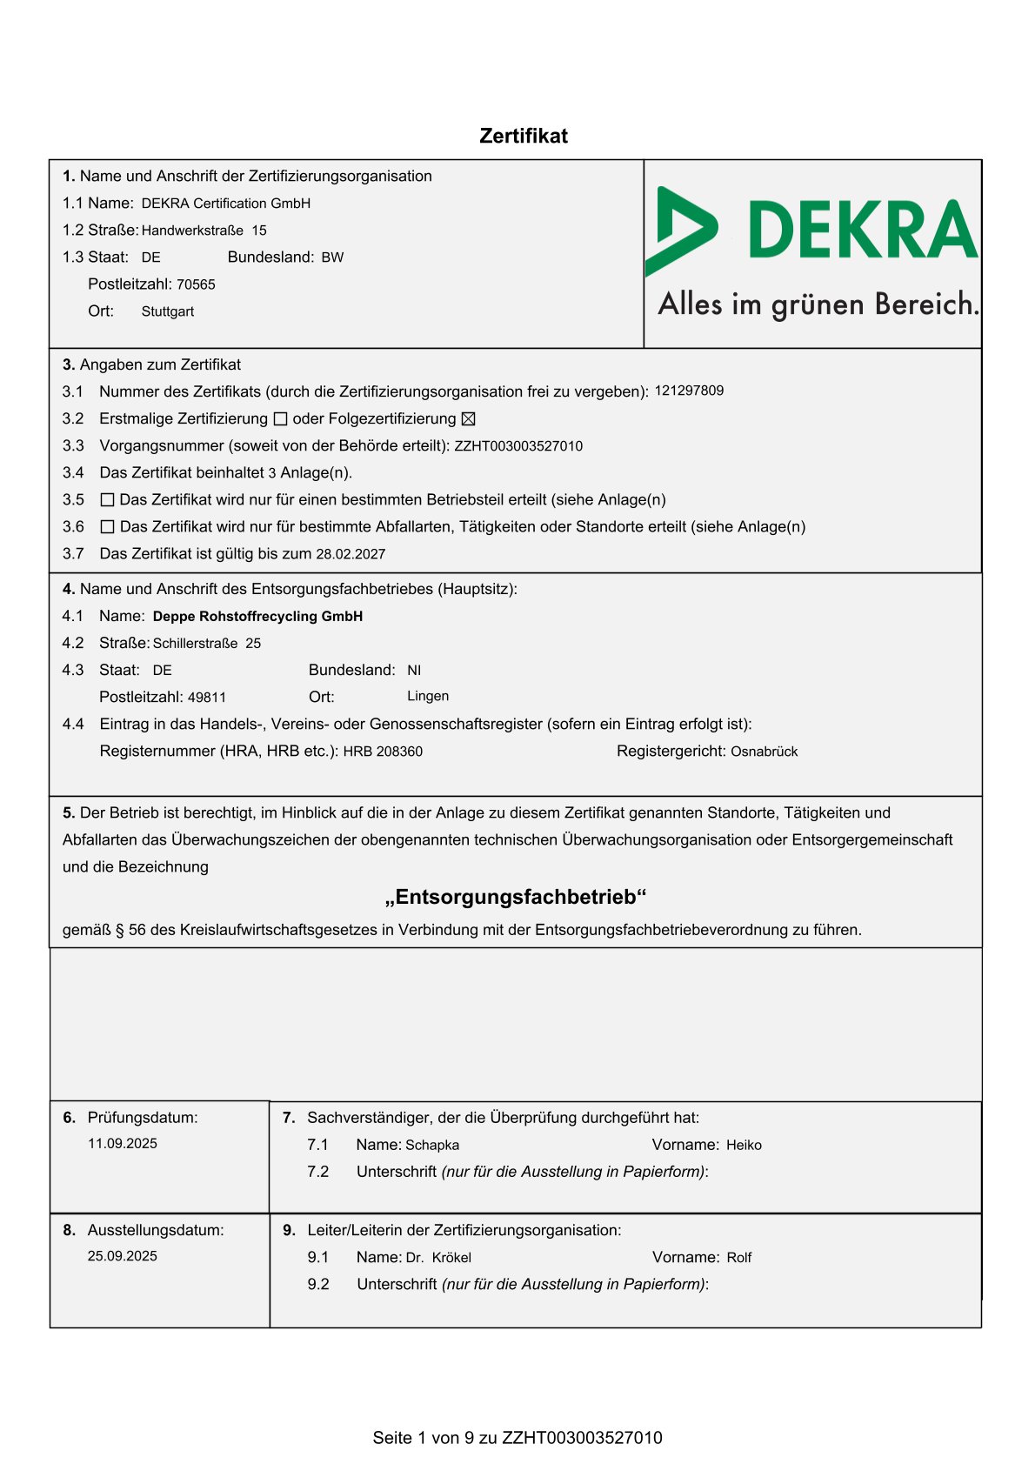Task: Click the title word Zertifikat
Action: tap(524, 137)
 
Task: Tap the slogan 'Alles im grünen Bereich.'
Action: tap(818, 304)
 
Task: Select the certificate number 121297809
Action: tap(689, 391)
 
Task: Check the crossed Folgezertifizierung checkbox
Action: tap(468, 419)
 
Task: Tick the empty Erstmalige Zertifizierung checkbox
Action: tap(280, 419)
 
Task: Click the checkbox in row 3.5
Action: tap(108, 500)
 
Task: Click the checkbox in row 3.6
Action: tap(108, 527)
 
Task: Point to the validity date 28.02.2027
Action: tap(351, 554)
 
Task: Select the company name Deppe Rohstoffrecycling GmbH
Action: tap(257, 617)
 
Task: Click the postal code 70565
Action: tap(196, 284)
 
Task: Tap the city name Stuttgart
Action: tap(168, 311)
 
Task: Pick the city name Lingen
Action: tap(428, 697)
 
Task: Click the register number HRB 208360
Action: tap(383, 752)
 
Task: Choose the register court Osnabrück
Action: tap(764, 752)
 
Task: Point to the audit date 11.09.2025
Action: tap(123, 1144)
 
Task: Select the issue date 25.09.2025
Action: tap(123, 1256)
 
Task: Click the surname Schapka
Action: tap(432, 1146)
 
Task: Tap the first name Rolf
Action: tap(739, 1258)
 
